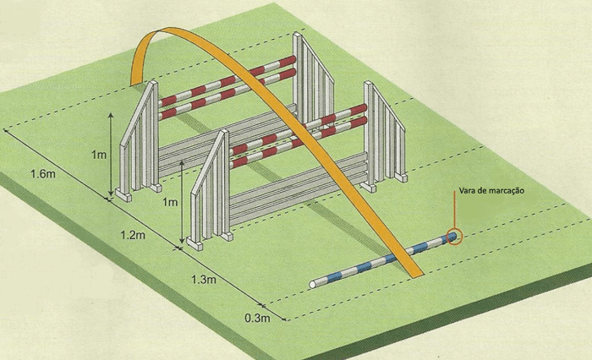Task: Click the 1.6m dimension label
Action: point(42,174)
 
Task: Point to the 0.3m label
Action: point(257,319)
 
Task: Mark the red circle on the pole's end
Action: point(454,237)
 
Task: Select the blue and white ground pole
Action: point(381,261)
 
